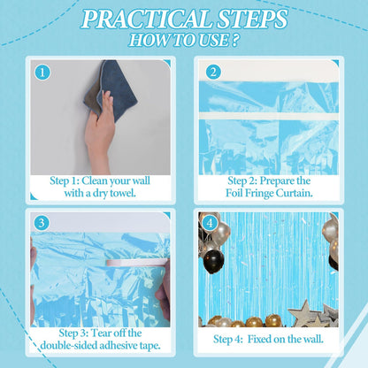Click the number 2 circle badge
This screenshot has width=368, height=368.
[x=213, y=73]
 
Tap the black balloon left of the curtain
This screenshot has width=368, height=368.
[x=213, y=261]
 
